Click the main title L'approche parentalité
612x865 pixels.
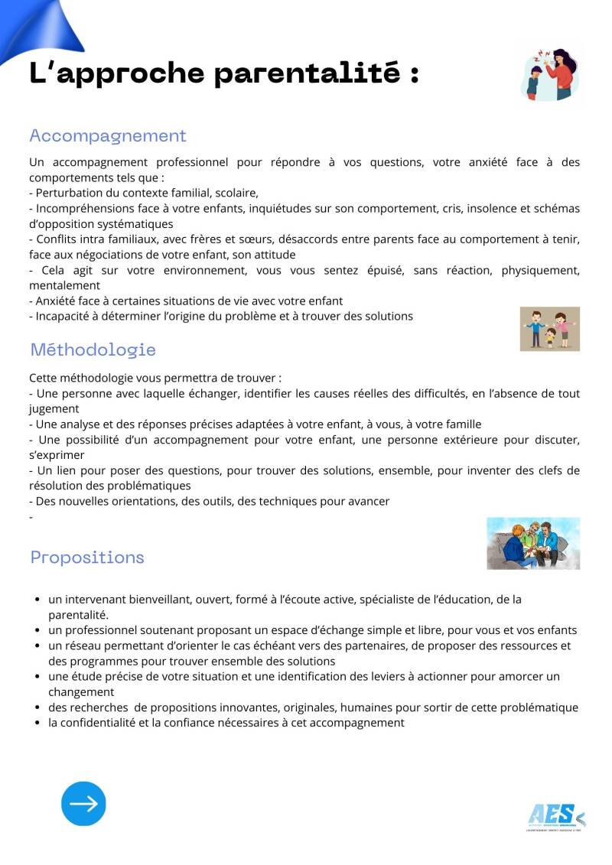click(223, 73)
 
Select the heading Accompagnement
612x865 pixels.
click(107, 136)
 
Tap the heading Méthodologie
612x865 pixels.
click(93, 350)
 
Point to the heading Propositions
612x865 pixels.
click(87, 558)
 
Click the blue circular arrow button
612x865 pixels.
click(83, 804)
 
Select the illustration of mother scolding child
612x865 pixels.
click(549, 74)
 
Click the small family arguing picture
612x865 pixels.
click(549, 329)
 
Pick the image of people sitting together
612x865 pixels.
click(533, 543)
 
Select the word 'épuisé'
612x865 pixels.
click(389, 270)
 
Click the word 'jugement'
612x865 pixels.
click(54, 409)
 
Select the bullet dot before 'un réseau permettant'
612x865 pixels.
click(37, 646)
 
